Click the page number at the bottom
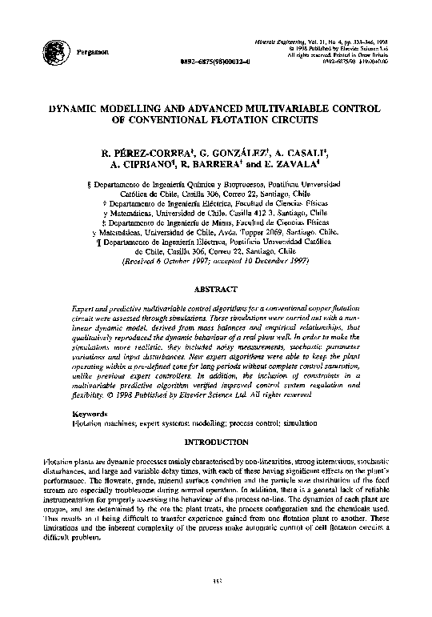pyautogui.click(x=216, y=603)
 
